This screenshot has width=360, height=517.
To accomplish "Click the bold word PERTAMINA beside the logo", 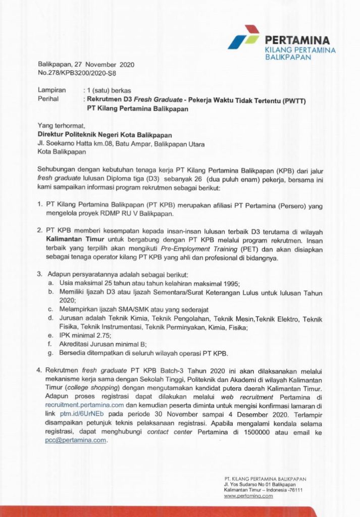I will click(x=297, y=40).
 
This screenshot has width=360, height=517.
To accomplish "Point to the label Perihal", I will click(x=49, y=99).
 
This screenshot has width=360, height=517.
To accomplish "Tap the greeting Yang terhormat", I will click(x=62, y=126).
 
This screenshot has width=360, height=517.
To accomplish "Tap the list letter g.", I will click(x=51, y=353).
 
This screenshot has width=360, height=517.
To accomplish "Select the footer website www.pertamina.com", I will click(x=248, y=496).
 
